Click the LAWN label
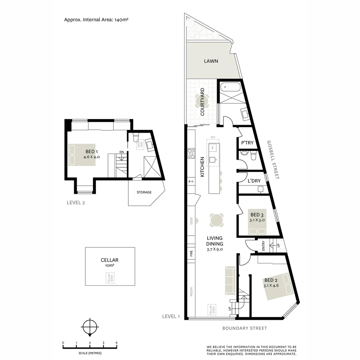211,61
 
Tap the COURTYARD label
202,102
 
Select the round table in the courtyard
202,100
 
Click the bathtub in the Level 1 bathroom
230,88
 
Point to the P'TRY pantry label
247,143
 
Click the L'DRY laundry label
254,181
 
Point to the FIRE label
191,253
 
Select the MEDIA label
191,292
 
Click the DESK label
191,221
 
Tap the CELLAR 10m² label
110,263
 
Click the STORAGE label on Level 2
144,192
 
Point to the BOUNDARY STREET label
245,328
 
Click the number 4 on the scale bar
116,343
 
